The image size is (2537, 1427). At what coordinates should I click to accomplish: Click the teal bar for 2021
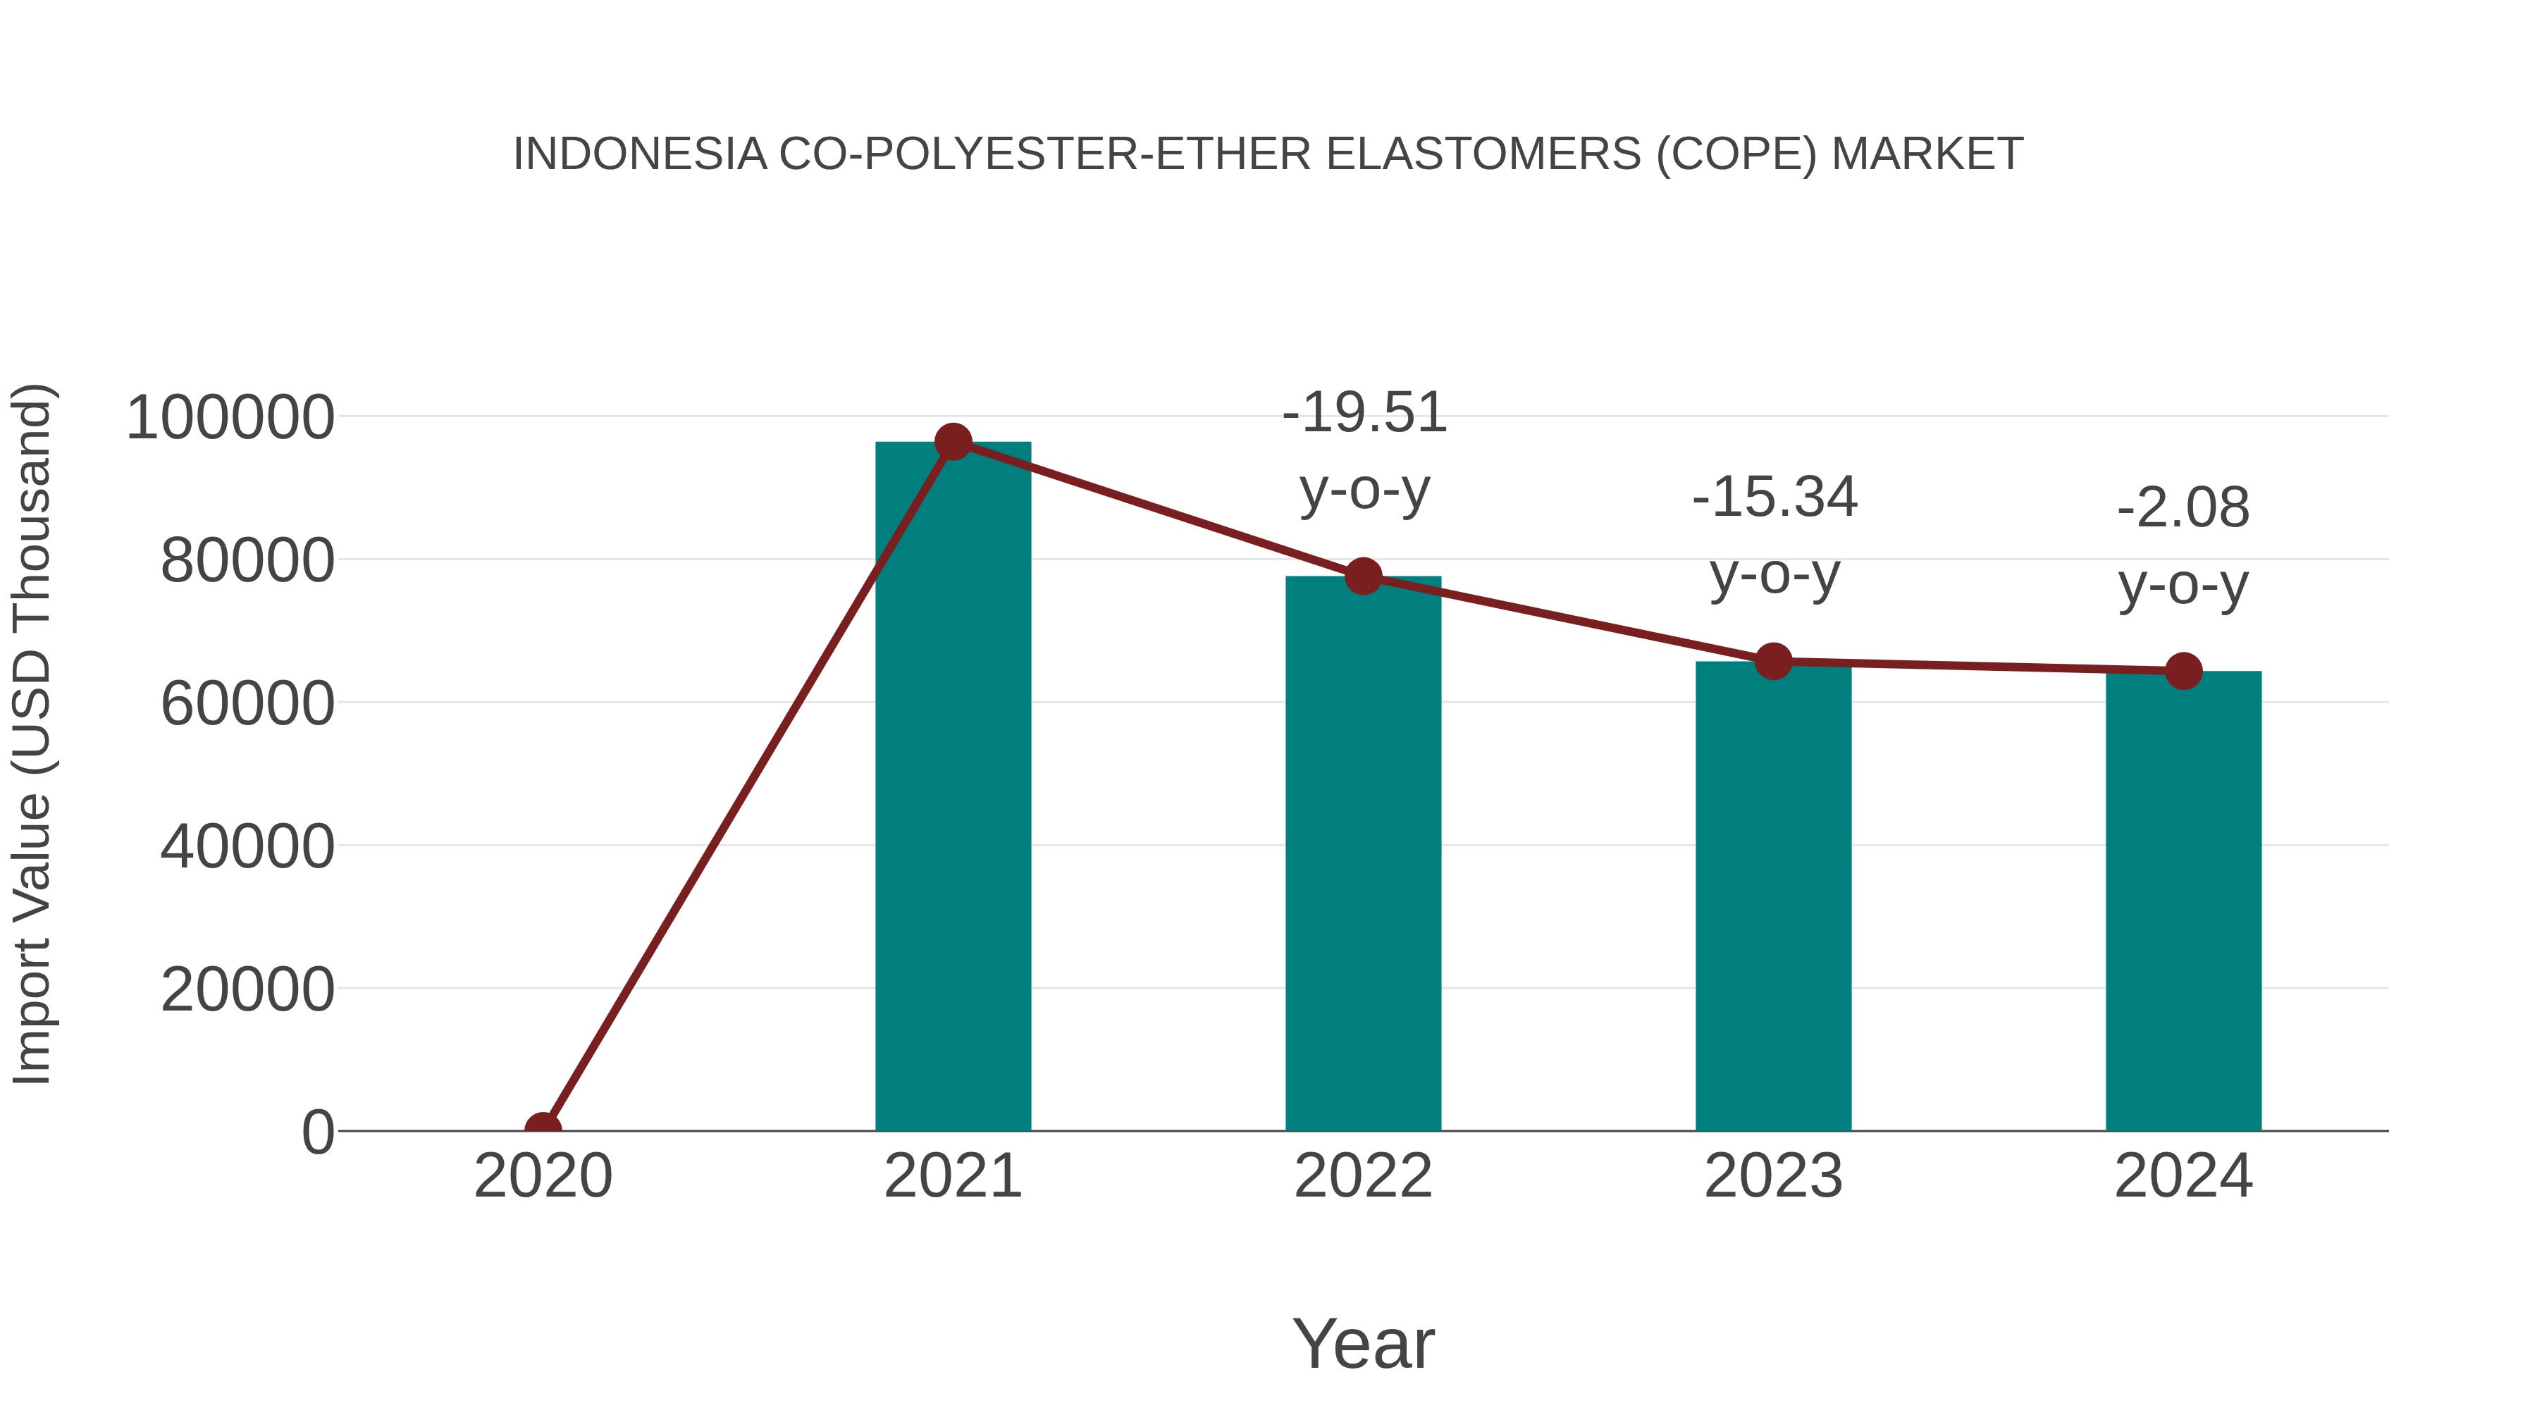pos(952,788)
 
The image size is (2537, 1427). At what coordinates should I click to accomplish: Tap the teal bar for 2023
pos(1773,896)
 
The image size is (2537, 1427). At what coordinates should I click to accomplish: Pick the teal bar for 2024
pos(2183,901)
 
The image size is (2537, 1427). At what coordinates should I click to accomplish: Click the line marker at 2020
pos(543,1129)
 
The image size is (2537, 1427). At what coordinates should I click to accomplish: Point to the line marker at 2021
pos(952,442)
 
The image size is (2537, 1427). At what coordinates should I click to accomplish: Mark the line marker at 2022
pos(1363,576)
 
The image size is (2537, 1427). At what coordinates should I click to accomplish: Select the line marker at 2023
pos(1773,662)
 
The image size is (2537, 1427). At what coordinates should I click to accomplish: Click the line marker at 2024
pos(2183,671)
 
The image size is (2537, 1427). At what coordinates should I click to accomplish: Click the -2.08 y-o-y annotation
pos(2183,547)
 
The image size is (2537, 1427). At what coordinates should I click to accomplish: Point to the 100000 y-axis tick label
pos(230,418)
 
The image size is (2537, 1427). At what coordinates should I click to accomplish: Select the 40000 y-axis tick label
pos(247,846)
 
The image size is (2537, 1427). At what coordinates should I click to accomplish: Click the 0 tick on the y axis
pos(317,1132)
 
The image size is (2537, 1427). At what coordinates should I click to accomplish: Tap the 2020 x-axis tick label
pos(543,1176)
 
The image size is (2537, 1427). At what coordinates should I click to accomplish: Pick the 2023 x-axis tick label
pos(1773,1176)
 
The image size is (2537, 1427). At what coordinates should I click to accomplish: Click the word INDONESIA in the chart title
pos(640,154)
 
